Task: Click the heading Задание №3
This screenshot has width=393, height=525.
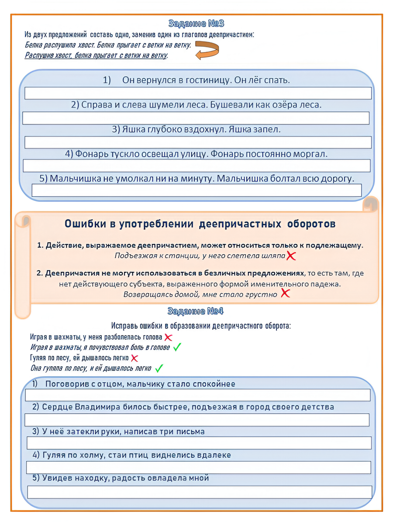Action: [196, 24]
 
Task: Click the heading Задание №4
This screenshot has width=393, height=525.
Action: [196, 311]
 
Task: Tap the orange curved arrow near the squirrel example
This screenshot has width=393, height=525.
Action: [207, 50]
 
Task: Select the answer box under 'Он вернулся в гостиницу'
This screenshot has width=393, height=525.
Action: [198, 93]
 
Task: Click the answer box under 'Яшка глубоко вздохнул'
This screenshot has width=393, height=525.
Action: [198, 142]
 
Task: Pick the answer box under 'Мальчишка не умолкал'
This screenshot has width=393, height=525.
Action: [196, 190]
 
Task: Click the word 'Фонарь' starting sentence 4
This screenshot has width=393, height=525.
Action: [90, 154]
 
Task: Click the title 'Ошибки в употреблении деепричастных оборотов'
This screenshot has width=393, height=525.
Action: [200, 224]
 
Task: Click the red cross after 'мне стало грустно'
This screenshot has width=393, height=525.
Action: [285, 293]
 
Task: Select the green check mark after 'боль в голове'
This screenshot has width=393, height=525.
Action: [177, 347]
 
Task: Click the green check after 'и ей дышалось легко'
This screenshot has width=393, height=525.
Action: [159, 368]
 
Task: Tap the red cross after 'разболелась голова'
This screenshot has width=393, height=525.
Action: [168, 337]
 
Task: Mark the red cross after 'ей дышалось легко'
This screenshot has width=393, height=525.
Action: [134, 358]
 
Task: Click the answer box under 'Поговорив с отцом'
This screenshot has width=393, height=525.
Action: [198, 395]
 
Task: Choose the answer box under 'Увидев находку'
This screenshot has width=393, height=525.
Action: [199, 492]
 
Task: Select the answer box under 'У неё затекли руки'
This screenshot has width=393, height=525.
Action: [199, 443]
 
